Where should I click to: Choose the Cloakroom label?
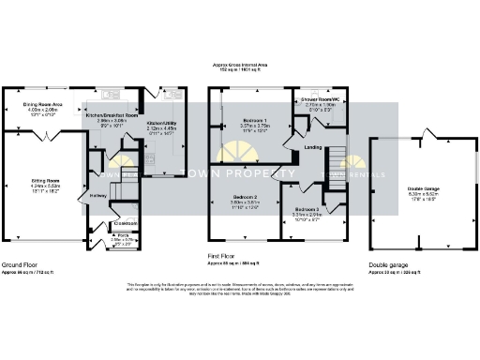pos(125,224)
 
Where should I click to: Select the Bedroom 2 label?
pos(245,197)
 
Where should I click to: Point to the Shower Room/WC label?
pos(317,98)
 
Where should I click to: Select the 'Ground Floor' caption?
pos(20,265)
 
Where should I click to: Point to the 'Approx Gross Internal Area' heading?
pos(239,64)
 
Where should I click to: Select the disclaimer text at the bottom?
pos(240,290)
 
